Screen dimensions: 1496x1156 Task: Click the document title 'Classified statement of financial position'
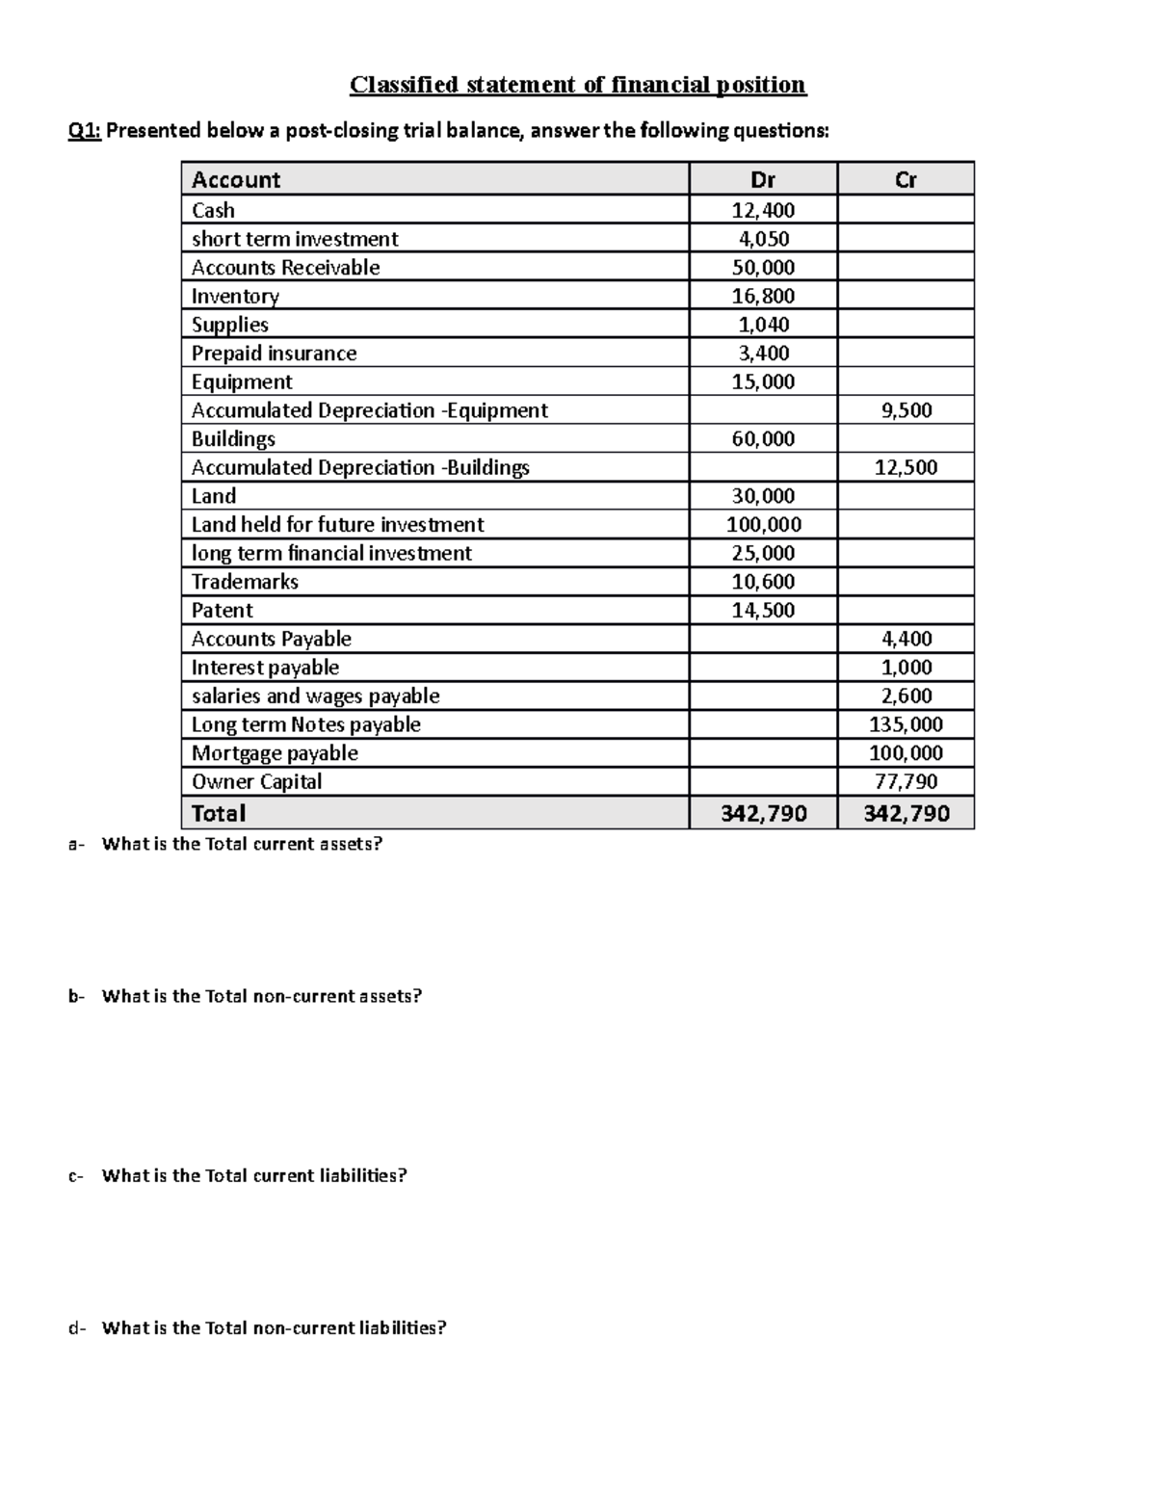click(x=578, y=85)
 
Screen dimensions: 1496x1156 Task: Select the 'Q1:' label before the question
click(x=84, y=131)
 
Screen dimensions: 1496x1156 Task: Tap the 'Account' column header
click(x=236, y=179)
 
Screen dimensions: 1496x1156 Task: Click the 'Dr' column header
click(x=763, y=179)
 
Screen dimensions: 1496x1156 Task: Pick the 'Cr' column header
click(x=906, y=179)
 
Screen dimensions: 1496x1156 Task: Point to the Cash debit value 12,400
click(x=763, y=210)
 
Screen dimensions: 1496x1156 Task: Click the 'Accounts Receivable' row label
click(x=285, y=268)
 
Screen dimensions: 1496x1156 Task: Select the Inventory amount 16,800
click(x=763, y=296)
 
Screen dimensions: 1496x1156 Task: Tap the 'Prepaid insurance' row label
click(x=274, y=354)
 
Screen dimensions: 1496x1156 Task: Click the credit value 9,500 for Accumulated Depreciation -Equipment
click(x=906, y=410)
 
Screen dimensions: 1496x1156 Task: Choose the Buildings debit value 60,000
click(x=763, y=439)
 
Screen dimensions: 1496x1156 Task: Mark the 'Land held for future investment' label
click(x=337, y=525)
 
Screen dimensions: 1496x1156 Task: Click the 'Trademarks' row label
click(x=245, y=582)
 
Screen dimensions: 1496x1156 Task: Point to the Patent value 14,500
click(x=763, y=611)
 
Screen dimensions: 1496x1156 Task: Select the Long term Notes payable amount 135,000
click(x=906, y=724)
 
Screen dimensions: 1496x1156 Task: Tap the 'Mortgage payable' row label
click(x=275, y=753)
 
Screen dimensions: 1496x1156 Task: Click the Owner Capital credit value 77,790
click(x=906, y=781)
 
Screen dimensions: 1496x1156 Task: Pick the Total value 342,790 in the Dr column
click(x=764, y=813)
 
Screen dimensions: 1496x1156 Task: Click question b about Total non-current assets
click(x=261, y=996)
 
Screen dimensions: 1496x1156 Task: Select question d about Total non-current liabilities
click(x=274, y=1327)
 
